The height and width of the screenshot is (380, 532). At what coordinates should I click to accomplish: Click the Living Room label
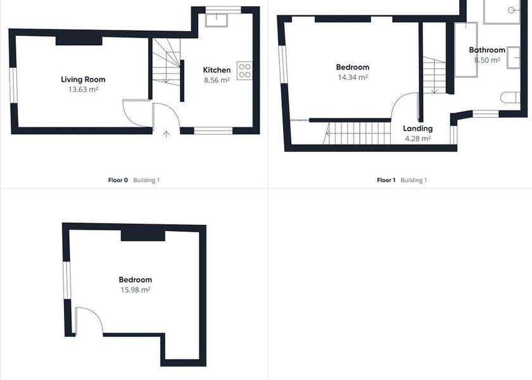(x=83, y=80)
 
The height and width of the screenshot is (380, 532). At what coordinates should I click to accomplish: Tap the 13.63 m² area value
(x=83, y=89)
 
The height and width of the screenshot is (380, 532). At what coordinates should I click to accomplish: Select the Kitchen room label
(x=217, y=70)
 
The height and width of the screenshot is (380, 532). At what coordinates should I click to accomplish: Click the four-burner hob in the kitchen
(x=244, y=70)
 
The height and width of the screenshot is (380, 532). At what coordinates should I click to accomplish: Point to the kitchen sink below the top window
(x=217, y=20)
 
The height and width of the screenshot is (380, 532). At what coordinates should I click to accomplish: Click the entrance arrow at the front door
(x=166, y=134)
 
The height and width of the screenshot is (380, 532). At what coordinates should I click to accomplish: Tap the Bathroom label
(x=487, y=50)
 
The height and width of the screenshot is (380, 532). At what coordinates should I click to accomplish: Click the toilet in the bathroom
(x=510, y=98)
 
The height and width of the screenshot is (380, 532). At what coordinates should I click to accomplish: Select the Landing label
(x=417, y=129)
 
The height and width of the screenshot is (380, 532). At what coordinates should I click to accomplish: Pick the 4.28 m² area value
(x=417, y=139)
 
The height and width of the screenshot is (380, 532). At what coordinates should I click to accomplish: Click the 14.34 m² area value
(x=353, y=77)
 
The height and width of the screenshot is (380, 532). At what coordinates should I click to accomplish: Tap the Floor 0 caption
(x=118, y=180)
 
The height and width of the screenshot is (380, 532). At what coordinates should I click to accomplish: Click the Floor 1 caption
(x=386, y=180)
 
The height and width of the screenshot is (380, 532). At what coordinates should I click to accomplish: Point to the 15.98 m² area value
(x=136, y=290)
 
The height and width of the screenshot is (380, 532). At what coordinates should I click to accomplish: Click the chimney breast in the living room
(x=79, y=41)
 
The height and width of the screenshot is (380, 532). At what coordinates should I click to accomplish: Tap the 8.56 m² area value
(x=217, y=80)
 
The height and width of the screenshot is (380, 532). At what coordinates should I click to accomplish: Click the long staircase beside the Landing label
(x=357, y=134)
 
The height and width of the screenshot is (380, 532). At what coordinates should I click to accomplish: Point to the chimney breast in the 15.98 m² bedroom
(x=143, y=236)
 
